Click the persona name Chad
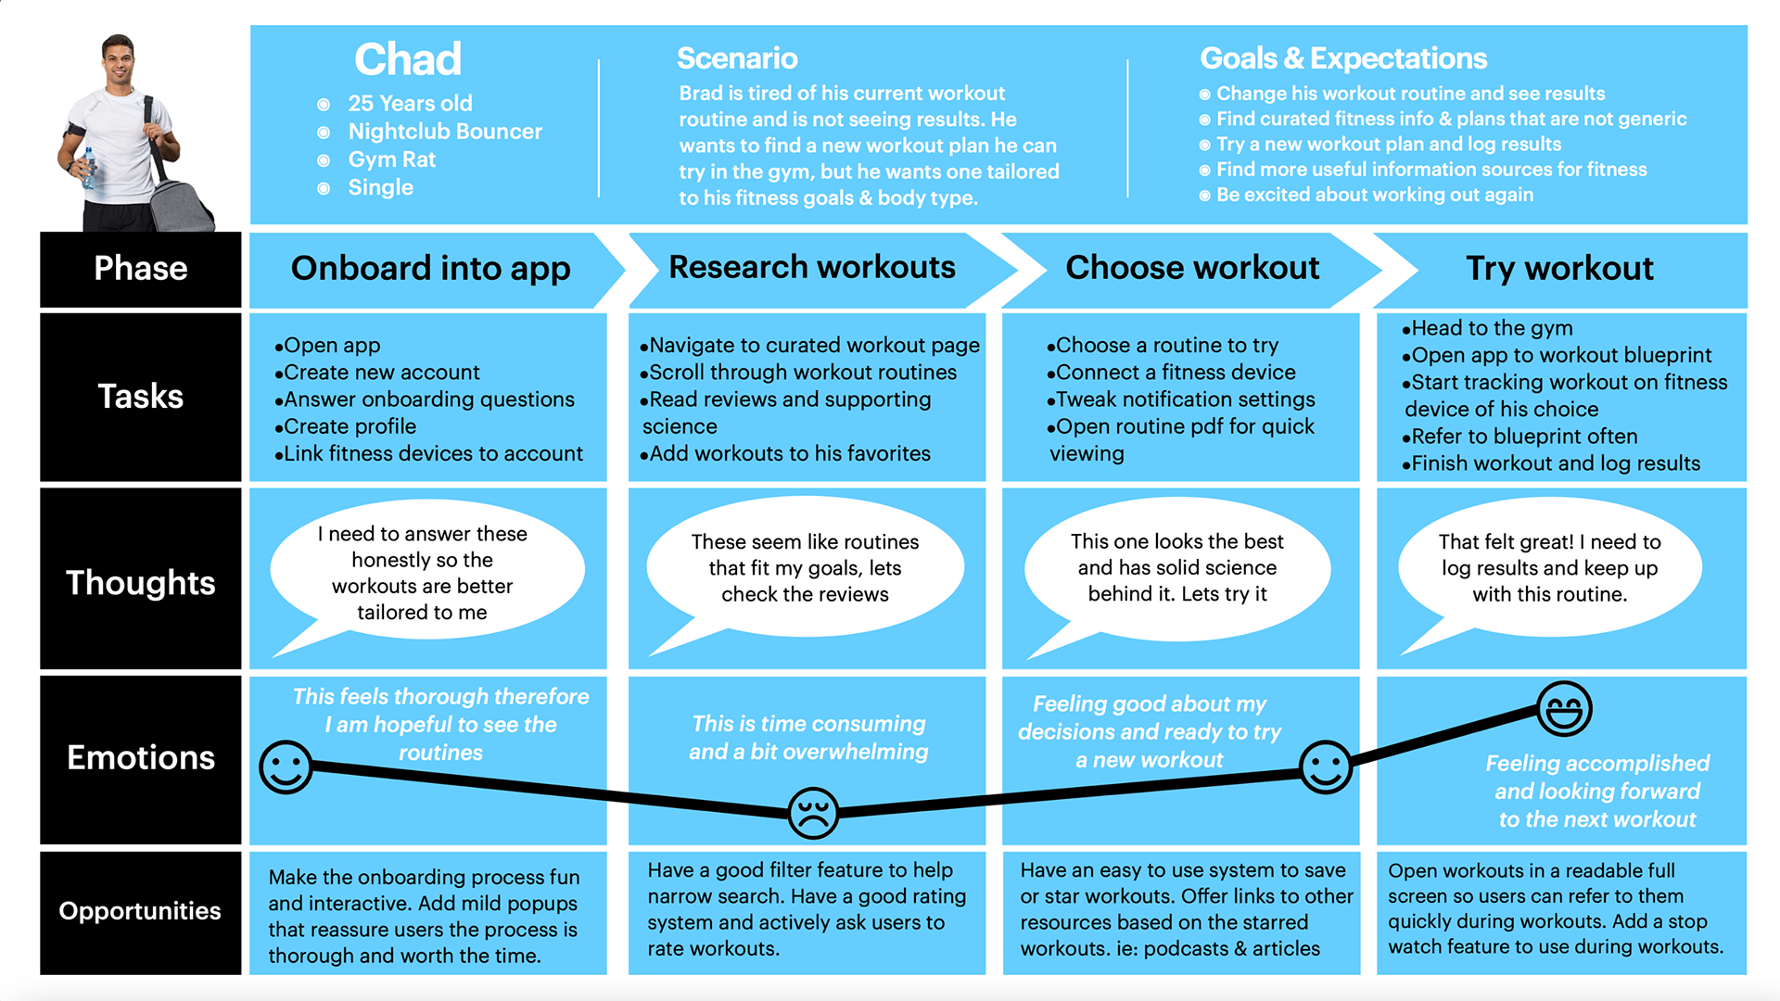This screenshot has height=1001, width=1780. [408, 60]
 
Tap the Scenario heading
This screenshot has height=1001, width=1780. [737, 58]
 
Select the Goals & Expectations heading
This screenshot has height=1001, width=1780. [1343, 58]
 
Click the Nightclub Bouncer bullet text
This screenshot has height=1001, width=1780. [445, 132]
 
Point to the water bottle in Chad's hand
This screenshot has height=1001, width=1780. [89, 167]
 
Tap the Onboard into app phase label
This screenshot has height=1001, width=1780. [430, 269]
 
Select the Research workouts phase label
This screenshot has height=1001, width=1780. [811, 268]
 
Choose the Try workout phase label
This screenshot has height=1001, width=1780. [1559, 269]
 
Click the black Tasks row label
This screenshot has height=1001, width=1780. [141, 397]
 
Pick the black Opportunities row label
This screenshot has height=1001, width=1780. [140, 911]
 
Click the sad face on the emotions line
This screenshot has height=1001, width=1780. [813, 813]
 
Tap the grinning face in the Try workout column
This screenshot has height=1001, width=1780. [1564, 709]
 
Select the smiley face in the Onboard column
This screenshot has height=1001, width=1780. [286, 767]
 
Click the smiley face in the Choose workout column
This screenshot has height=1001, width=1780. [1326, 767]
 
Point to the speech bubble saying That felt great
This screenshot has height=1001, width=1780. [1549, 567]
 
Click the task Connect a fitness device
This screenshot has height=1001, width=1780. [1176, 373]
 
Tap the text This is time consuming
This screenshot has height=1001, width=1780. [808, 724]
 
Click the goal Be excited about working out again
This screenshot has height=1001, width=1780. [1374, 195]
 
